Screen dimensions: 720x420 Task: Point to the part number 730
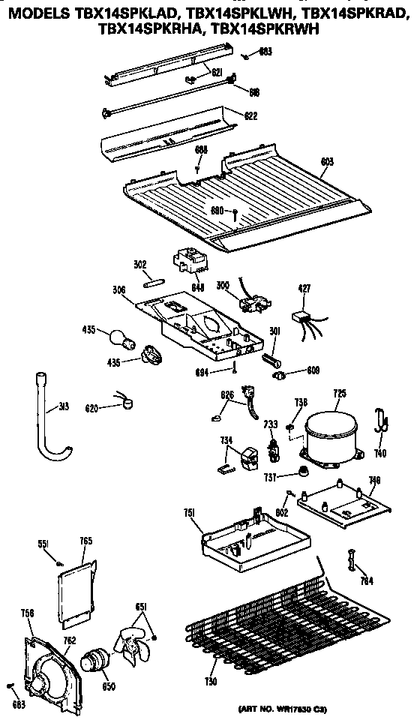point(211,681)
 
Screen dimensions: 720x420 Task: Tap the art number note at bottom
point(324,708)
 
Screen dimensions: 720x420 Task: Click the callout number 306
point(118,289)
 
